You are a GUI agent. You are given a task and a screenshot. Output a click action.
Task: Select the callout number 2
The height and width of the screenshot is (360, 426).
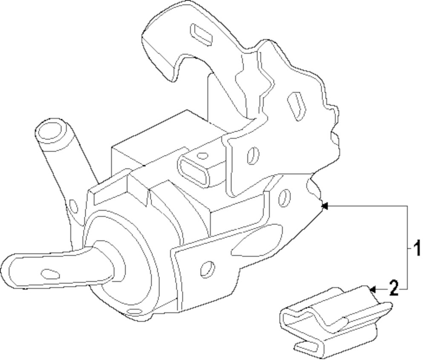tap(394, 288)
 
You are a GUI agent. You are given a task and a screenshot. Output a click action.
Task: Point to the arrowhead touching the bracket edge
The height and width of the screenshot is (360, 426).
tap(324, 207)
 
